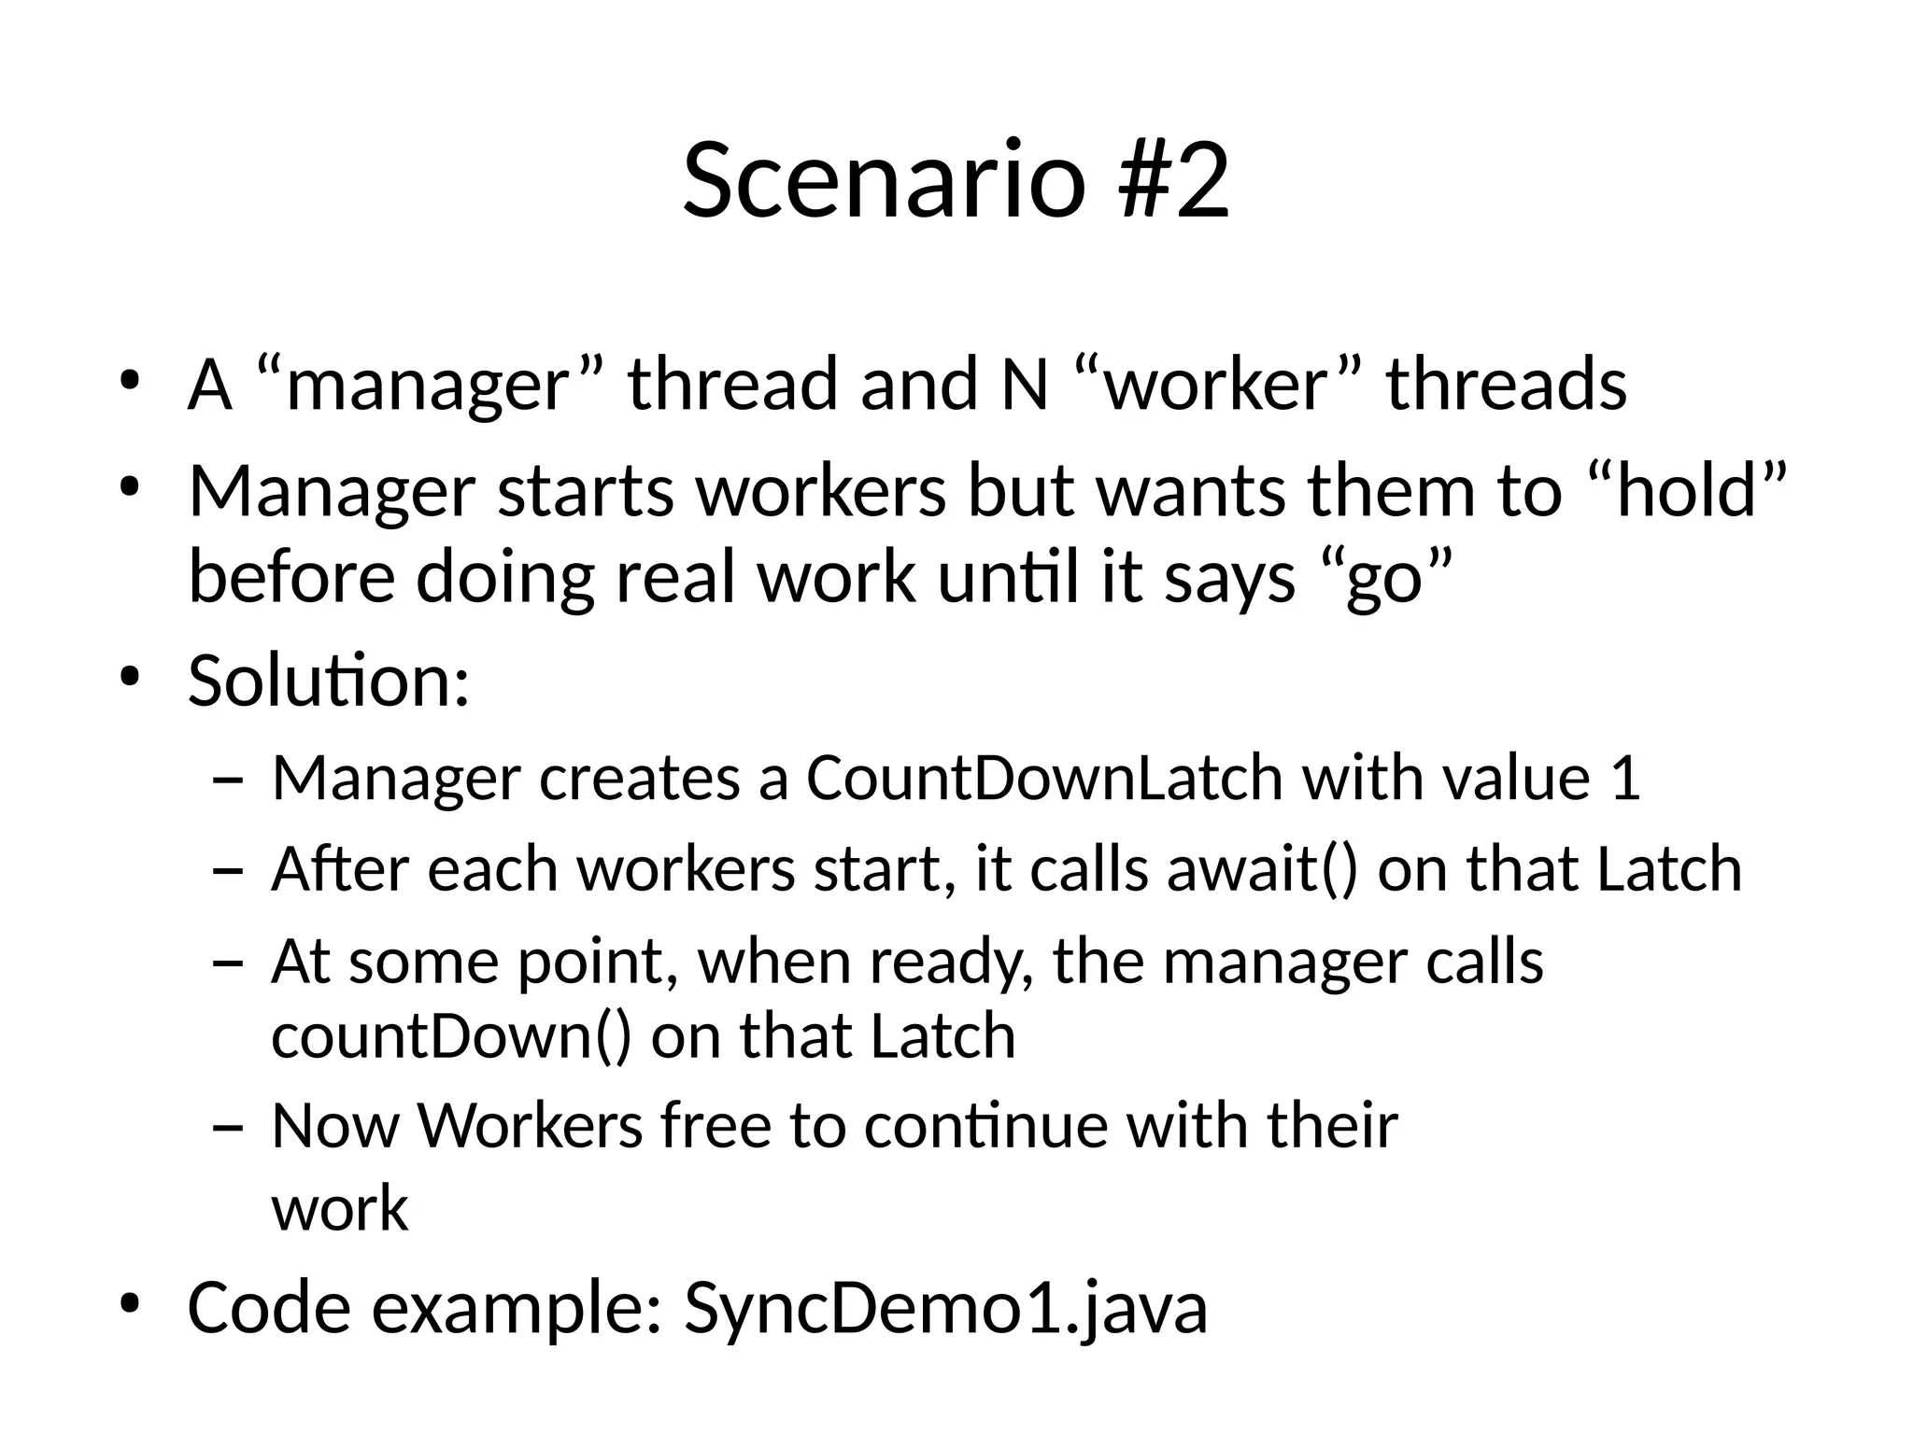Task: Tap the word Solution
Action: pyautogui.click(x=328, y=681)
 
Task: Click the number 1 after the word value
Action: pyautogui.click(x=1626, y=777)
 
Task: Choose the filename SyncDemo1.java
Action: pyautogui.click(x=945, y=1307)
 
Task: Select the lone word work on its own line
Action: pyautogui.click(x=339, y=1208)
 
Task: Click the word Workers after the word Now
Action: pyautogui.click(x=530, y=1125)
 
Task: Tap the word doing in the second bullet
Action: pyautogui.click(x=504, y=577)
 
